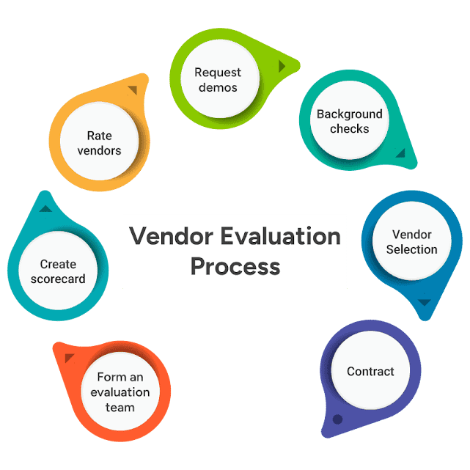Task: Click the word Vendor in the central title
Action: (x=167, y=237)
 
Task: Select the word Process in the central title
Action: (x=235, y=265)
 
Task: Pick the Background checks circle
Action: (x=349, y=121)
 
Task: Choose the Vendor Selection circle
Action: (x=411, y=242)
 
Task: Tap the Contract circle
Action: (x=370, y=372)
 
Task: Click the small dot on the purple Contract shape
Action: (x=337, y=419)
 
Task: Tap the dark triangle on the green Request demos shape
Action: (x=282, y=66)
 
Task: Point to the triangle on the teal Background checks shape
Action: (x=400, y=153)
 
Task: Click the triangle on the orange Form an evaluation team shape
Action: (x=70, y=358)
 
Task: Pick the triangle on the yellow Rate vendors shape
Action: (x=132, y=90)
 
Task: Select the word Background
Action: (x=349, y=114)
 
